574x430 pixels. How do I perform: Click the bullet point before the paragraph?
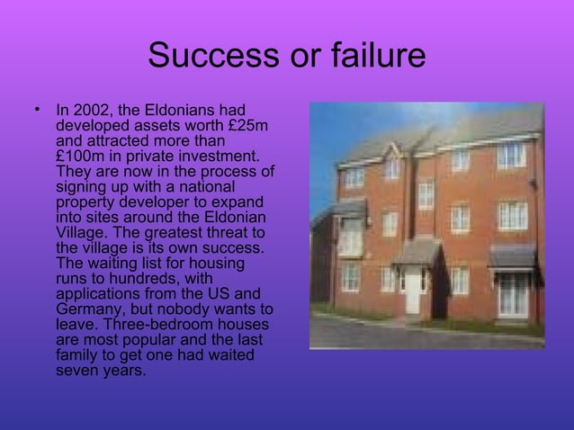[x=37, y=112]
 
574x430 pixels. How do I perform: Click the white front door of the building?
[x=413, y=292]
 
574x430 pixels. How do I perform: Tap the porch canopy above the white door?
[x=417, y=254]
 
